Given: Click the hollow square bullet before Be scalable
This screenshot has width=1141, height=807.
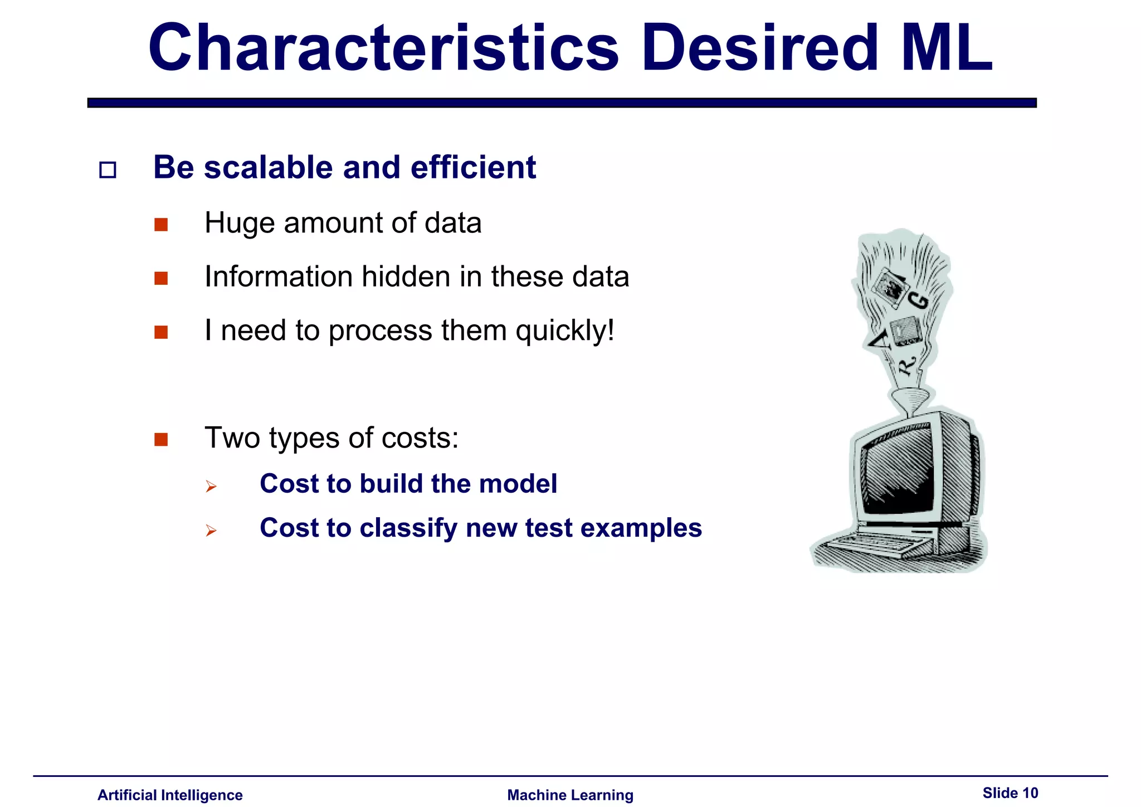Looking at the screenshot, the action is coord(108,169).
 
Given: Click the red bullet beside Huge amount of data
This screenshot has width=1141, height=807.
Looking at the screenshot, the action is coord(161,225).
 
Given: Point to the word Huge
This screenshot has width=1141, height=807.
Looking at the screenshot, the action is coord(240,223).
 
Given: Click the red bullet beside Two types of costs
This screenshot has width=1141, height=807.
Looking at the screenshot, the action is coord(161,440).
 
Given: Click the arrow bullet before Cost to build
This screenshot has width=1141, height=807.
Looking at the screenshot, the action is coord(211,487).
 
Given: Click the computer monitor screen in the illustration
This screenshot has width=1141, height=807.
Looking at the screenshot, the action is coord(897,468).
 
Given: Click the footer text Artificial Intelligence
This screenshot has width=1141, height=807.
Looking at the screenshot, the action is coord(170,795).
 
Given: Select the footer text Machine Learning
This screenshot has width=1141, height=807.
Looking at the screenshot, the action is coord(570,795).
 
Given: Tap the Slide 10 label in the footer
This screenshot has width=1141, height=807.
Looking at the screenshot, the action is coord(1010,793).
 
